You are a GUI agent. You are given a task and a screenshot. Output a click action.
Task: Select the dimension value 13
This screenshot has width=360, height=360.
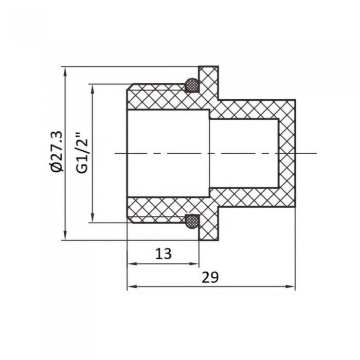click(163, 253)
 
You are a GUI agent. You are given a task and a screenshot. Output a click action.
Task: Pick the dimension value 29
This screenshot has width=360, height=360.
click(210, 277)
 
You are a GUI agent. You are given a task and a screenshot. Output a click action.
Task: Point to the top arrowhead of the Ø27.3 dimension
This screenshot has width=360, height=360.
click(65, 70)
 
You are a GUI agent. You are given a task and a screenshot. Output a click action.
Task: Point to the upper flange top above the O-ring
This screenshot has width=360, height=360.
click(209, 72)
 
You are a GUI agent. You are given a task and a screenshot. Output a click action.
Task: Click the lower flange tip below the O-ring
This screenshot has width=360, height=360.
click(209, 234)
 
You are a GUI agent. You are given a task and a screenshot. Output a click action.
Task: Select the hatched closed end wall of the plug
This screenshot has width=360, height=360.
click(287, 153)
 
